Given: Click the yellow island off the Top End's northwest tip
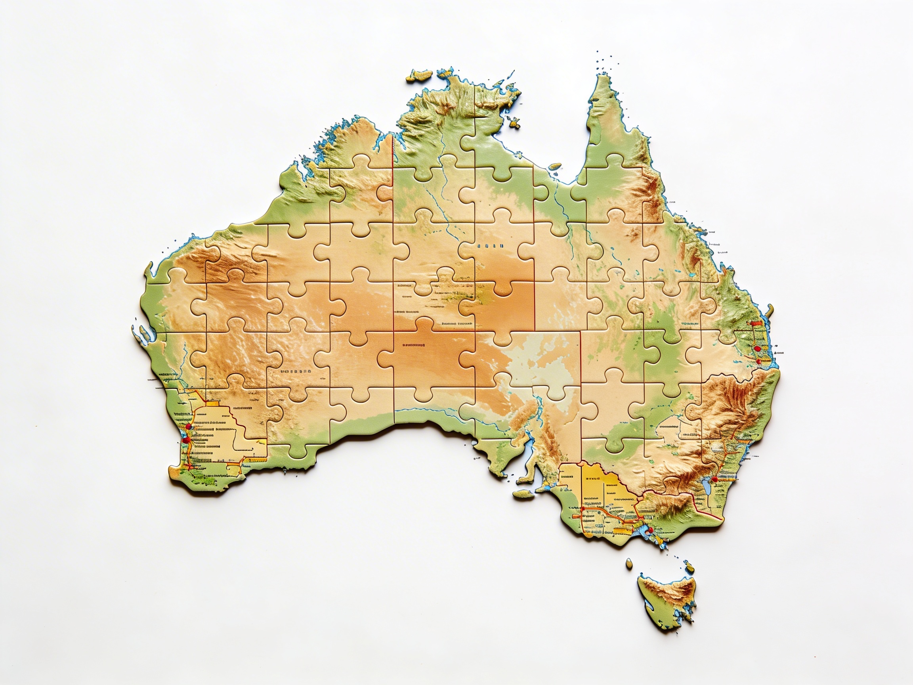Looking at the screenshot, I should click(x=418, y=76).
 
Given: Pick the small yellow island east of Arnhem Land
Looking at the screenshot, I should click(x=514, y=122).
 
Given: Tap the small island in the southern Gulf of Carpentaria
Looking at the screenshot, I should click(x=556, y=167).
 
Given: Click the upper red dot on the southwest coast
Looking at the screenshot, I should click(x=188, y=427).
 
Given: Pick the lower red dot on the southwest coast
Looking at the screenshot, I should click(x=186, y=440).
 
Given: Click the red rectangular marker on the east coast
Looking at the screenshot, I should click(x=755, y=323).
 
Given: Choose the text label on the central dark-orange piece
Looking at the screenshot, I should click(x=414, y=344).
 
